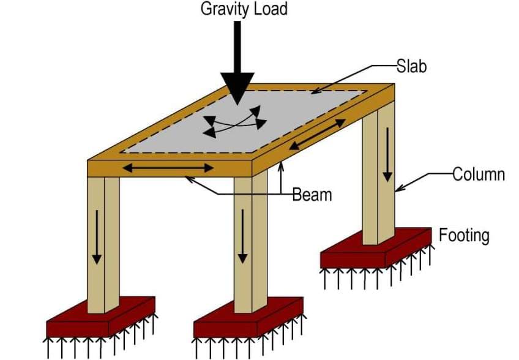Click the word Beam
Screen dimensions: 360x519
[x=312, y=195]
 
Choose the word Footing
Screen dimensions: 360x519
[x=464, y=235]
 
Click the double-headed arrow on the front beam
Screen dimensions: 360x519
[x=168, y=167]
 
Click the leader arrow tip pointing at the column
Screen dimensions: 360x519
[x=398, y=190]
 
